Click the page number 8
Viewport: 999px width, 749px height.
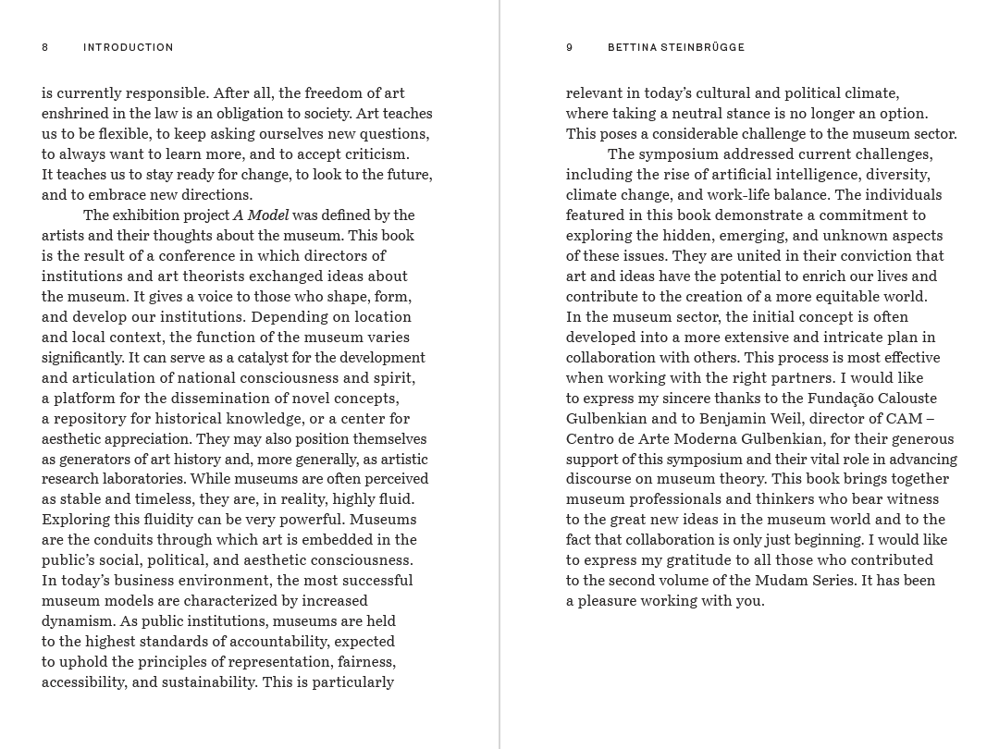coord(44,47)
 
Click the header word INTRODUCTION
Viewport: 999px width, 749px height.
coord(128,47)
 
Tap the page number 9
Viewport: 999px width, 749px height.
coord(570,47)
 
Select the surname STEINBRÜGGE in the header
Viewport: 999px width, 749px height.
coord(703,47)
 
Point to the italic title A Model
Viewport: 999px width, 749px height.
coord(261,215)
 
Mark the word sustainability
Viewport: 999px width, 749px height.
coord(208,682)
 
